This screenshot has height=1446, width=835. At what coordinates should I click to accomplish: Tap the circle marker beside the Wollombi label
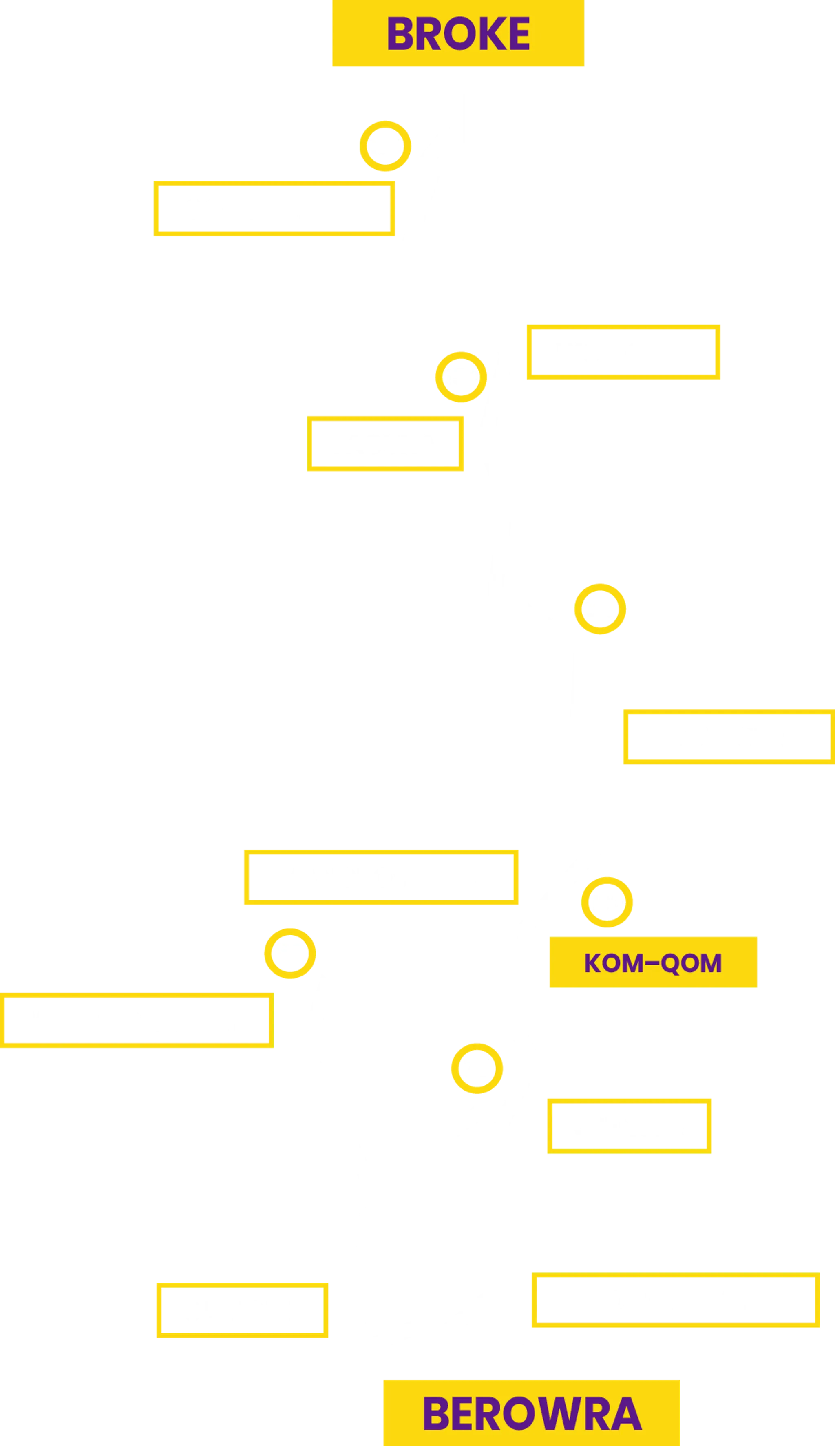[x=461, y=377]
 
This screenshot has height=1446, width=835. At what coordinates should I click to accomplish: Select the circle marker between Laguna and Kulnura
[x=600, y=609]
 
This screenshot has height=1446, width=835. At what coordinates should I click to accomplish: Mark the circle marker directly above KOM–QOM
[x=607, y=902]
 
